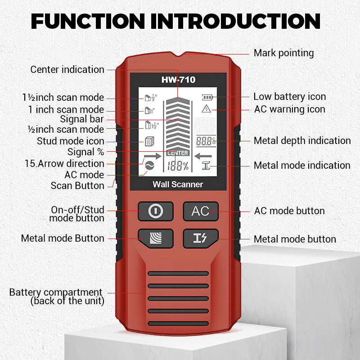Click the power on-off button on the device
155,211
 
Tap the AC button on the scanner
200,211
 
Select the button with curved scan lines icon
155,238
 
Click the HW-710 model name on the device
178,81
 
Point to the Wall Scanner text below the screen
178,184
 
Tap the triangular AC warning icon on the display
207,108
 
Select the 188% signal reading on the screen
178,166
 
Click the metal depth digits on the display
206,140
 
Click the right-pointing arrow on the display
152,157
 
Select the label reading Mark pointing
283,53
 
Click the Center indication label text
67,70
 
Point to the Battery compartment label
56,297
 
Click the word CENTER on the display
178,153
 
